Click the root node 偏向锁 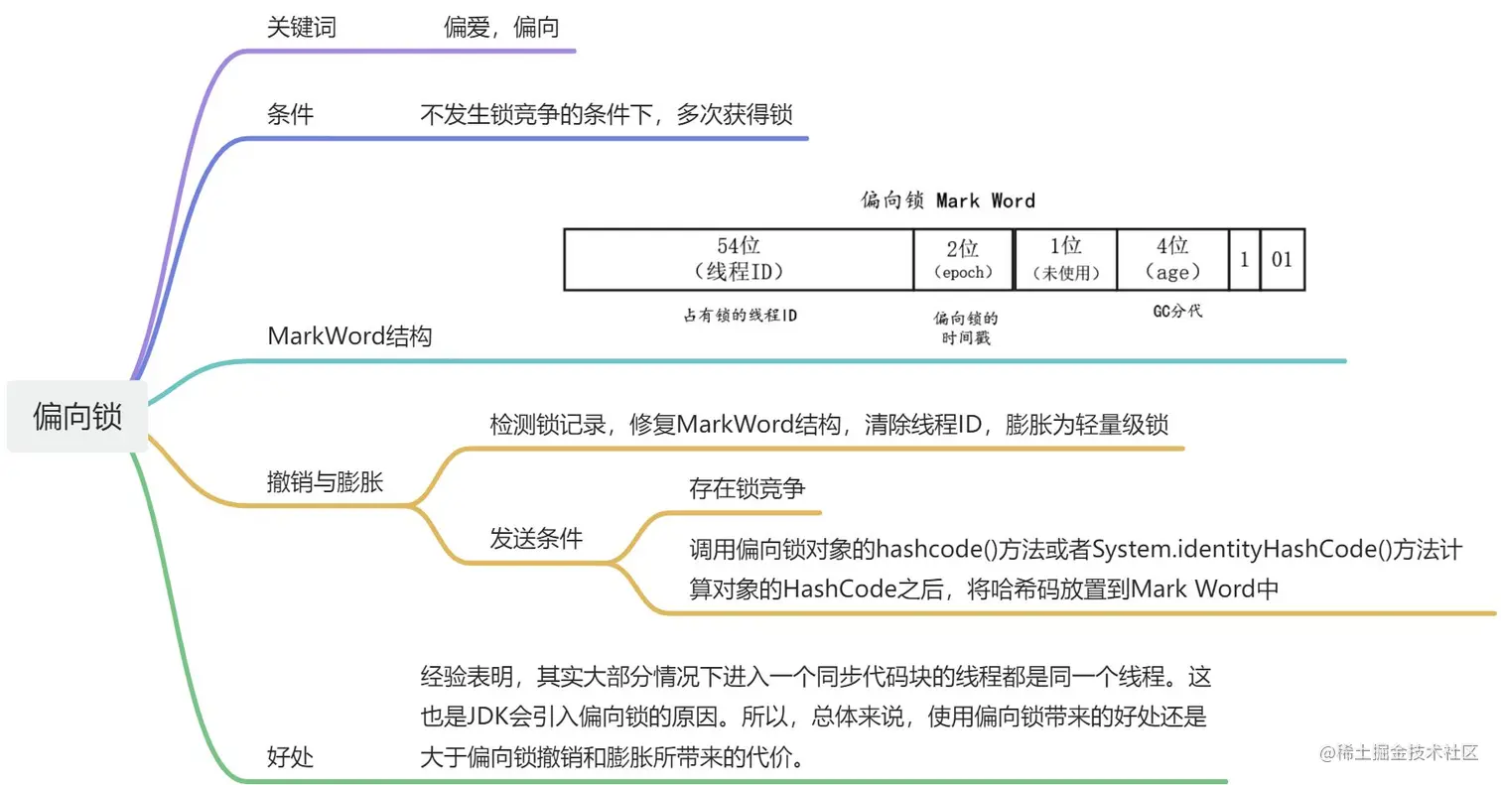click(x=77, y=416)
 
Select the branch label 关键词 click(x=302, y=28)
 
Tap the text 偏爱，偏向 click(x=501, y=28)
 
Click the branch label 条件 click(x=290, y=115)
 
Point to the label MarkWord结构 click(x=349, y=336)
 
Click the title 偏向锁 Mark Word click(x=947, y=200)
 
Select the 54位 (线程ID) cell click(x=739, y=259)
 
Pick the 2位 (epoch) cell click(x=963, y=259)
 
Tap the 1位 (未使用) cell click(x=1066, y=259)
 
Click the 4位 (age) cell click(x=1172, y=259)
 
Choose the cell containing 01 click(x=1282, y=260)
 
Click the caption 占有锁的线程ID click(x=740, y=316)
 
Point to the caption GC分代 click(x=1176, y=312)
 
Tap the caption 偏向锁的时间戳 click(x=966, y=328)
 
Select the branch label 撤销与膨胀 click(x=325, y=482)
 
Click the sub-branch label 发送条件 click(x=536, y=539)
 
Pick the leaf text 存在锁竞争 click(x=748, y=488)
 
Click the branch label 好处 click(x=290, y=757)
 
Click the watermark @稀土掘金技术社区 click(x=1399, y=752)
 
